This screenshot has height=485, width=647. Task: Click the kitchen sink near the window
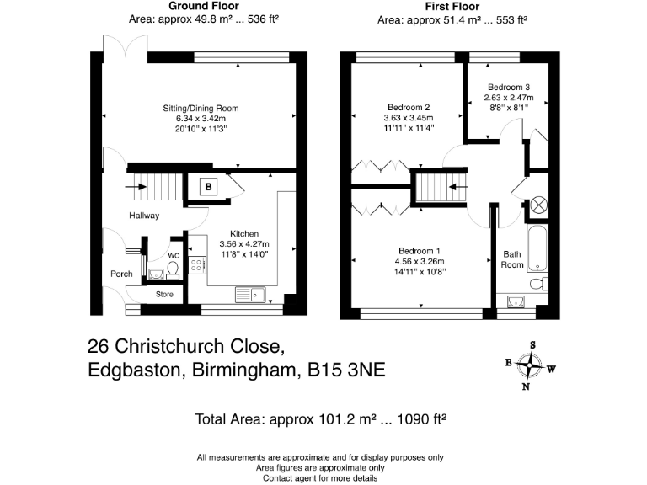tap(250, 294)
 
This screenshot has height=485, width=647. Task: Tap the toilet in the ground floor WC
tap(172, 269)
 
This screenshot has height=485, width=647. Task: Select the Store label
tap(163, 294)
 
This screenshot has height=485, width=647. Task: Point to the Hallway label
tap(144, 216)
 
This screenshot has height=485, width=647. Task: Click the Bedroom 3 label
tap(509, 87)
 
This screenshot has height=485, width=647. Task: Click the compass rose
tap(529, 365)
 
